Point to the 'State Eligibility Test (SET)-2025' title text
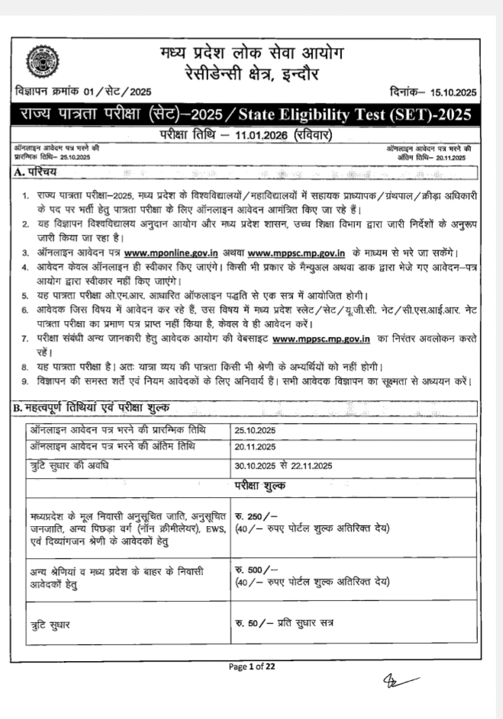tap(356, 115)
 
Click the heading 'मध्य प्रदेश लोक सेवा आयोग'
tap(252, 54)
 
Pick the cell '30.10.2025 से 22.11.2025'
tap(283, 465)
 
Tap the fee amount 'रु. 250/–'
tap(252, 517)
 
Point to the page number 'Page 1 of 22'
tap(252, 666)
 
